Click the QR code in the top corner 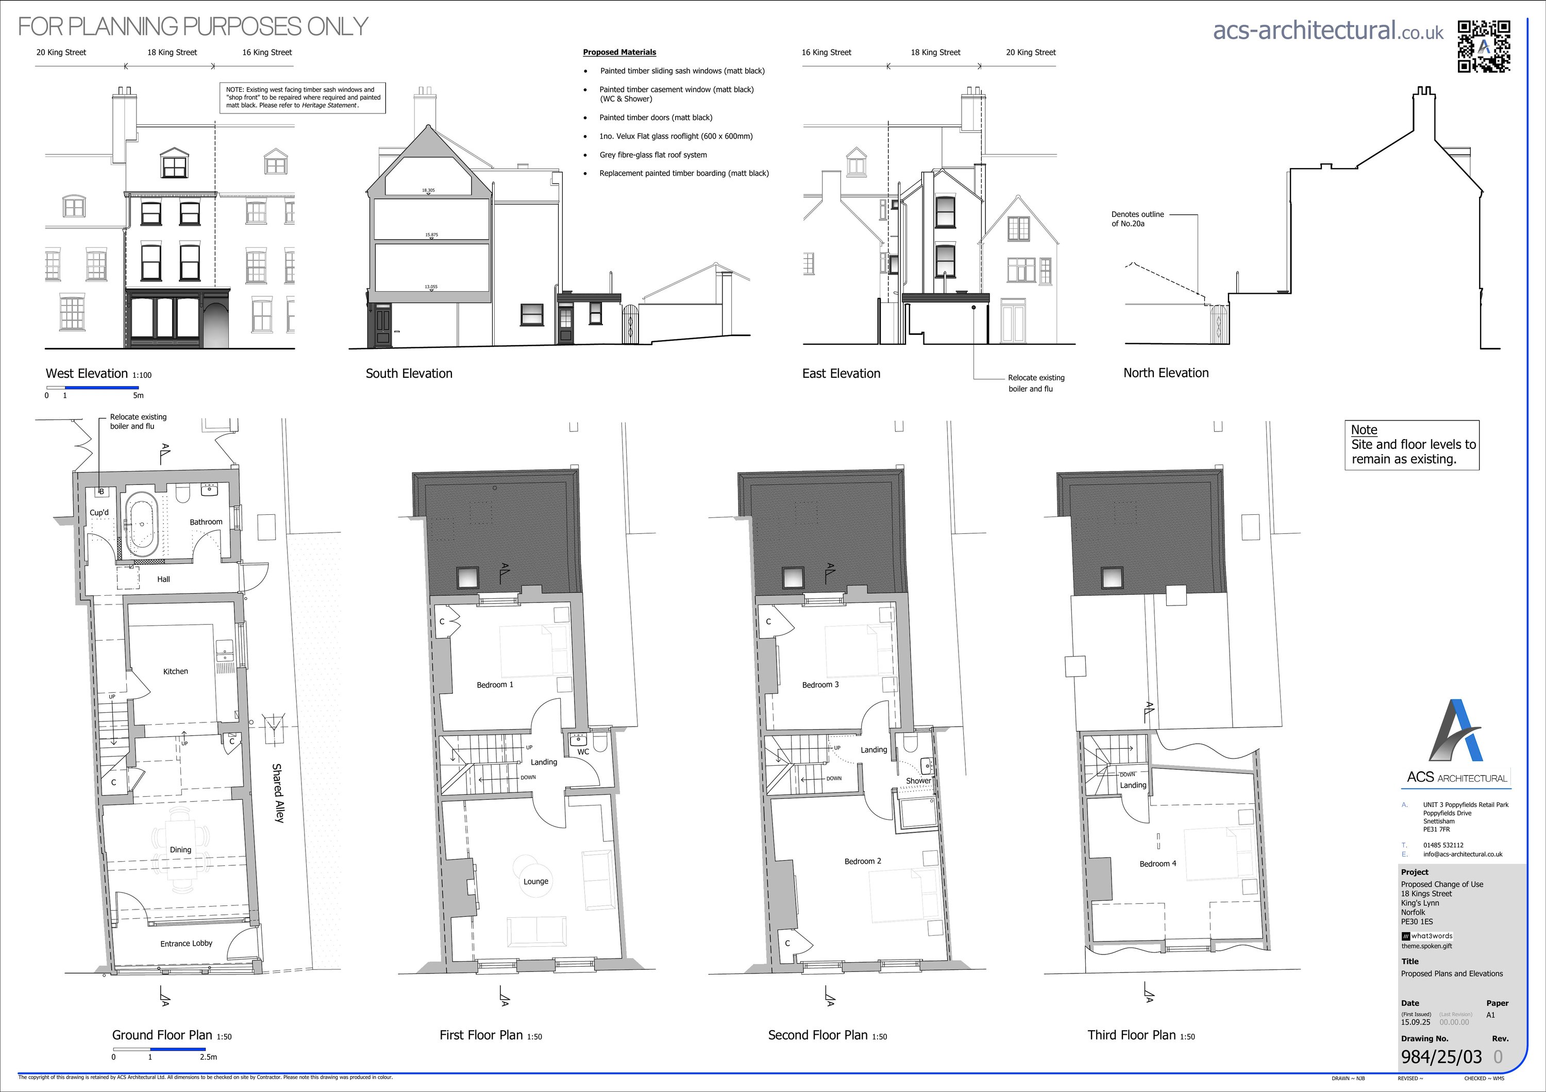(x=1483, y=46)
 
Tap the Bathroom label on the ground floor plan (x=206, y=522)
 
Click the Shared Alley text (x=277, y=793)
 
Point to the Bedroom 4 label (x=1157, y=864)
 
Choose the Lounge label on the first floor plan (x=535, y=881)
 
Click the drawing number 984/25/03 (x=1441, y=1057)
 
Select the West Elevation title (x=86, y=374)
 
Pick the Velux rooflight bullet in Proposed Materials (x=676, y=136)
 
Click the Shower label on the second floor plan (x=918, y=781)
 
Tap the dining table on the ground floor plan (x=180, y=850)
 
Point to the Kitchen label (x=175, y=671)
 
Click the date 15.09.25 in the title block (x=1416, y=1022)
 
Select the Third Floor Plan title (x=1131, y=1035)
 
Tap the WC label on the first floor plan (x=583, y=751)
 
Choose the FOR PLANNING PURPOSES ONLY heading (x=193, y=26)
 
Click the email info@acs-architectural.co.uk (x=1463, y=854)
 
